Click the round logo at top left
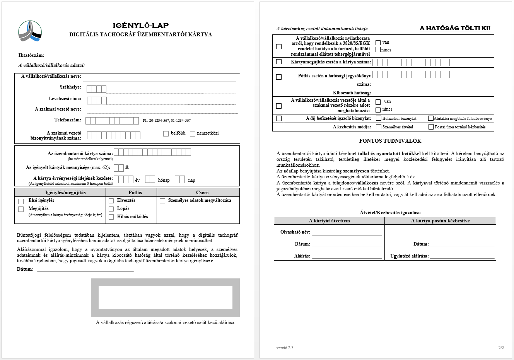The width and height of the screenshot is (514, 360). (x=30, y=31)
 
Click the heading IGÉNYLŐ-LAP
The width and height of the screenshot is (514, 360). (x=141, y=26)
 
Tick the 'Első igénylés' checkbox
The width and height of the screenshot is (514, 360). (x=21, y=201)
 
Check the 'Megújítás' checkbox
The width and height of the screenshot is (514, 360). (x=21, y=209)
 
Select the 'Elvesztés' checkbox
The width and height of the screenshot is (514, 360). (x=111, y=201)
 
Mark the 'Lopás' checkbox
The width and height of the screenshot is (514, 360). (x=111, y=209)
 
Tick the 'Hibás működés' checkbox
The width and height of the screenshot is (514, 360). (x=111, y=217)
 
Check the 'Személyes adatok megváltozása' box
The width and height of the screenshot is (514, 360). (x=162, y=201)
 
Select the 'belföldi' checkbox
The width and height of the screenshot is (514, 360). (x=166, y=134)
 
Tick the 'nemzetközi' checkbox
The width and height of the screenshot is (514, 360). (x=193, y=134)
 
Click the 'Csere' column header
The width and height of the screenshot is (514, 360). (x=202, y=193)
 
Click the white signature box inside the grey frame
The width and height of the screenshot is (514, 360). (x=165, y=297)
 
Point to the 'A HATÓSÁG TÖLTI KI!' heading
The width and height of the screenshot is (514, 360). (x=455, y=28)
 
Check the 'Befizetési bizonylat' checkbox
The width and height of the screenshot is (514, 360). (x=379, y=118)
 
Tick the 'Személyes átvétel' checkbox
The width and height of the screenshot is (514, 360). (x=379, y=127)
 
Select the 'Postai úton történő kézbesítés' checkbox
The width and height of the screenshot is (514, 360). (x=431, y=127)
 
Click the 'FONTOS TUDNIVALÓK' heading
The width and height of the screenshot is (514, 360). (x=390, y=141)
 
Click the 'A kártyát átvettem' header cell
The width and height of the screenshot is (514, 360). (x=329, y=221)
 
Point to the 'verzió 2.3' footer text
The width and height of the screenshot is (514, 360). (x=285, y=348)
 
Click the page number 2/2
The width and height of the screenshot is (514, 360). (x=501, y=348)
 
